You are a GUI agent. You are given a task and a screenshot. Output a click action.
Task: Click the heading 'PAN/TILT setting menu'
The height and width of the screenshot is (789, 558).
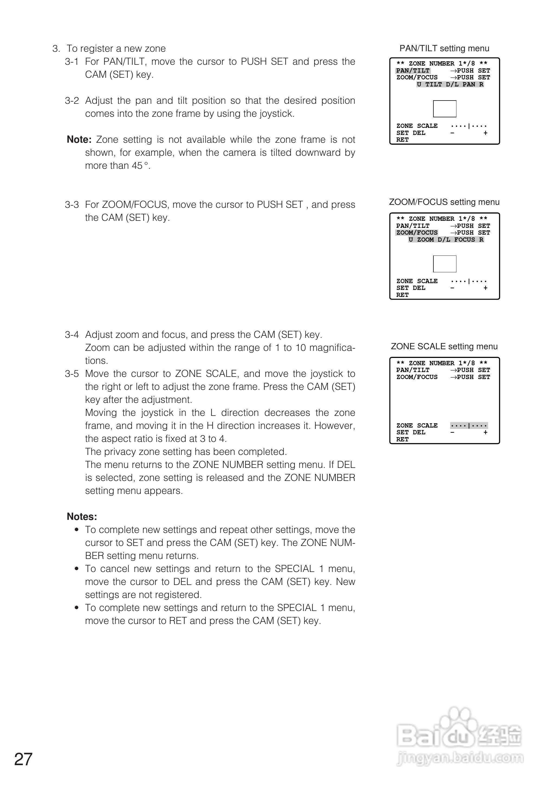click(x=444, y=48)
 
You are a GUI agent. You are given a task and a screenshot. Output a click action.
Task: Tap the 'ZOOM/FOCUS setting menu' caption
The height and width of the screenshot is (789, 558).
click(x=444, y=202)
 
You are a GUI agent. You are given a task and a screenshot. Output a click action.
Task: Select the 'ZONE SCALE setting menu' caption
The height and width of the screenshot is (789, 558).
click(x=444, y=346)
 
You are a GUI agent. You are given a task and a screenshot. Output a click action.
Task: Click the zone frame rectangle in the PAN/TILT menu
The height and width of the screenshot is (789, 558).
click(x=445, y=109)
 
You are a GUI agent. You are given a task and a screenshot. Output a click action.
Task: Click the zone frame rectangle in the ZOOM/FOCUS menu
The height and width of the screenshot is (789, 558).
click(x=445, y=264)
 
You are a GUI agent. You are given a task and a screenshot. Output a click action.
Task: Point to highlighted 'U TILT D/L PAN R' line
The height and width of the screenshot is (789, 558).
click(x=450, y=85)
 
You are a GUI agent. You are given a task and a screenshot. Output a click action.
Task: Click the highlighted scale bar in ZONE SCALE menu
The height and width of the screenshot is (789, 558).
click(x=469, y=425)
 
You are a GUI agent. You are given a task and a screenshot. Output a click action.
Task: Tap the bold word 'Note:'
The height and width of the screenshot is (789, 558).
click(x=79, y=140)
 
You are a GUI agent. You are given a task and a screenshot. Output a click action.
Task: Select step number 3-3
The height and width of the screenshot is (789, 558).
click(x=72, y=205)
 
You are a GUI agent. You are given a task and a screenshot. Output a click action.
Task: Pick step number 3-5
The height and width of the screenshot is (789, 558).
click(x=72, y=374)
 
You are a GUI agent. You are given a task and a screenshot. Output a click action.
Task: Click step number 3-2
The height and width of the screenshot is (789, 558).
click(x=72, y=101)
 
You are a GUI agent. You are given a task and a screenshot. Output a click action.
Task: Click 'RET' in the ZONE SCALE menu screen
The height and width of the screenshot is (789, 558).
click(x=402, y=439)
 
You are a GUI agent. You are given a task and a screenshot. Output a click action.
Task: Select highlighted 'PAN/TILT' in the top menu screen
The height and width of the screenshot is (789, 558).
click(x=413, y=70)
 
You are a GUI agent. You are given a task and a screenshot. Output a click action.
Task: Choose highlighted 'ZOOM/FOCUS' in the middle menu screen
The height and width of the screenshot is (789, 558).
click(x=417, y=233)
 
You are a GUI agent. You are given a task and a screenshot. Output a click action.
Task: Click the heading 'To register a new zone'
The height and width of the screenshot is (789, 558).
click(x=116, y=48)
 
